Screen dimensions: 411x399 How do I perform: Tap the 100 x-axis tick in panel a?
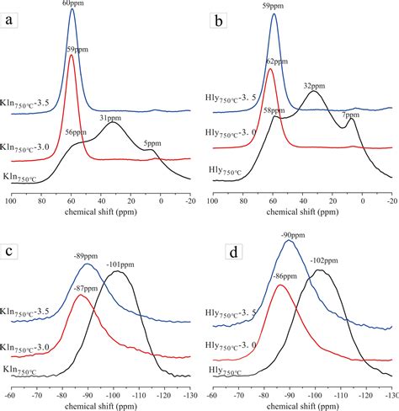[x=11, y=203]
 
